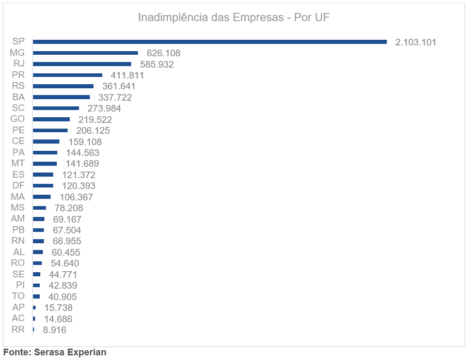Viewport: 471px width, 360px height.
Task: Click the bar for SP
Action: click(210, 42)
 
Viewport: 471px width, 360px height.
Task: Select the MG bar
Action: click(85, 53)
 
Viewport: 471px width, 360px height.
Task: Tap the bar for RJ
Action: click(82, 64)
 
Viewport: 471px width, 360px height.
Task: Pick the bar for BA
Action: click(61, 97)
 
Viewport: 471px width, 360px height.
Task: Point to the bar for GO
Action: click(51, 119)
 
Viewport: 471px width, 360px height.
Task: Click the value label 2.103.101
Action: click(416, 42)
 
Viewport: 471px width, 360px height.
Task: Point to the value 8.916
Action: click(54, 330)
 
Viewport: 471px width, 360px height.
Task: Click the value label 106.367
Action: click(76, 197)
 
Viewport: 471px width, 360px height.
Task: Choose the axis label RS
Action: click(18, 86)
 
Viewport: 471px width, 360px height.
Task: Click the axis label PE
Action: click(18, 130)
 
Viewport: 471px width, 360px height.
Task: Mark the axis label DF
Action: click(18, 185)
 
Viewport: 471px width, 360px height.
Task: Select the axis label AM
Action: click(18, 218)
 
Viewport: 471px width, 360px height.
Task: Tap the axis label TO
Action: click(18, 296)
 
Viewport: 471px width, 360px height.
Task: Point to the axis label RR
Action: click(18, 330)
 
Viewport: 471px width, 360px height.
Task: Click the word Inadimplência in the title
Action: click(173, 18)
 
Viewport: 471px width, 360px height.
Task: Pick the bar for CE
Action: click(46, 142)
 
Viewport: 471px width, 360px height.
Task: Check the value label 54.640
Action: click(65, 263)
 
